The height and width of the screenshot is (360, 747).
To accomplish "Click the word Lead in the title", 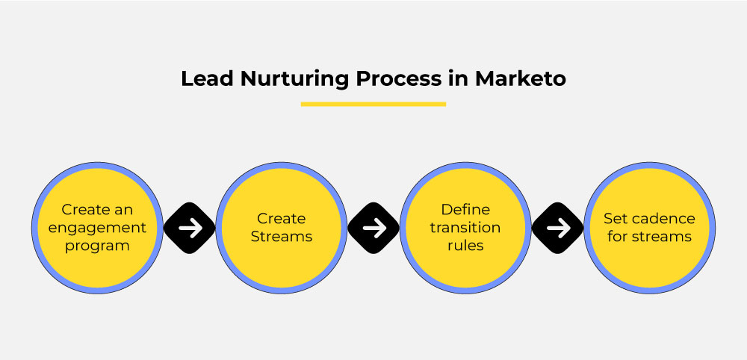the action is click(207, 79).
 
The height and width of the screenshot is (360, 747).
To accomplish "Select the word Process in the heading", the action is click(398, 79).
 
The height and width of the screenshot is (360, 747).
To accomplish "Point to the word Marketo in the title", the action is click(520, 79).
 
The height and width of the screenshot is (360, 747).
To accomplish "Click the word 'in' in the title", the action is click(458, 79).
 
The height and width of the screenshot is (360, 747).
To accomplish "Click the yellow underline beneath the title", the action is click(373, 104).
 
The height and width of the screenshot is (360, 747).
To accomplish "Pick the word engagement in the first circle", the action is click(97, 228).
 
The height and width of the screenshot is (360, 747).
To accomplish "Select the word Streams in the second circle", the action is click(282, 237).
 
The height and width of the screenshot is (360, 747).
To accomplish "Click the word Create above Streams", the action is click(281, 219).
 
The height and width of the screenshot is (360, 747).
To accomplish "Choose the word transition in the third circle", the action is click(465, 228).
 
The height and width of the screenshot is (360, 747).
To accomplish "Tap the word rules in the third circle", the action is click(465, 246).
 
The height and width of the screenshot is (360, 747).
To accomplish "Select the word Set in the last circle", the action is click(613, 219).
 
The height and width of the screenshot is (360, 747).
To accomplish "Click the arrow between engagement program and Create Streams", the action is click(190, 228).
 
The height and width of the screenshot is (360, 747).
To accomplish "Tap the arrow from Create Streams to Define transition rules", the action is click(373, 228).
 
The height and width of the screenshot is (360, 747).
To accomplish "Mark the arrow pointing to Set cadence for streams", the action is click(557, 228).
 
